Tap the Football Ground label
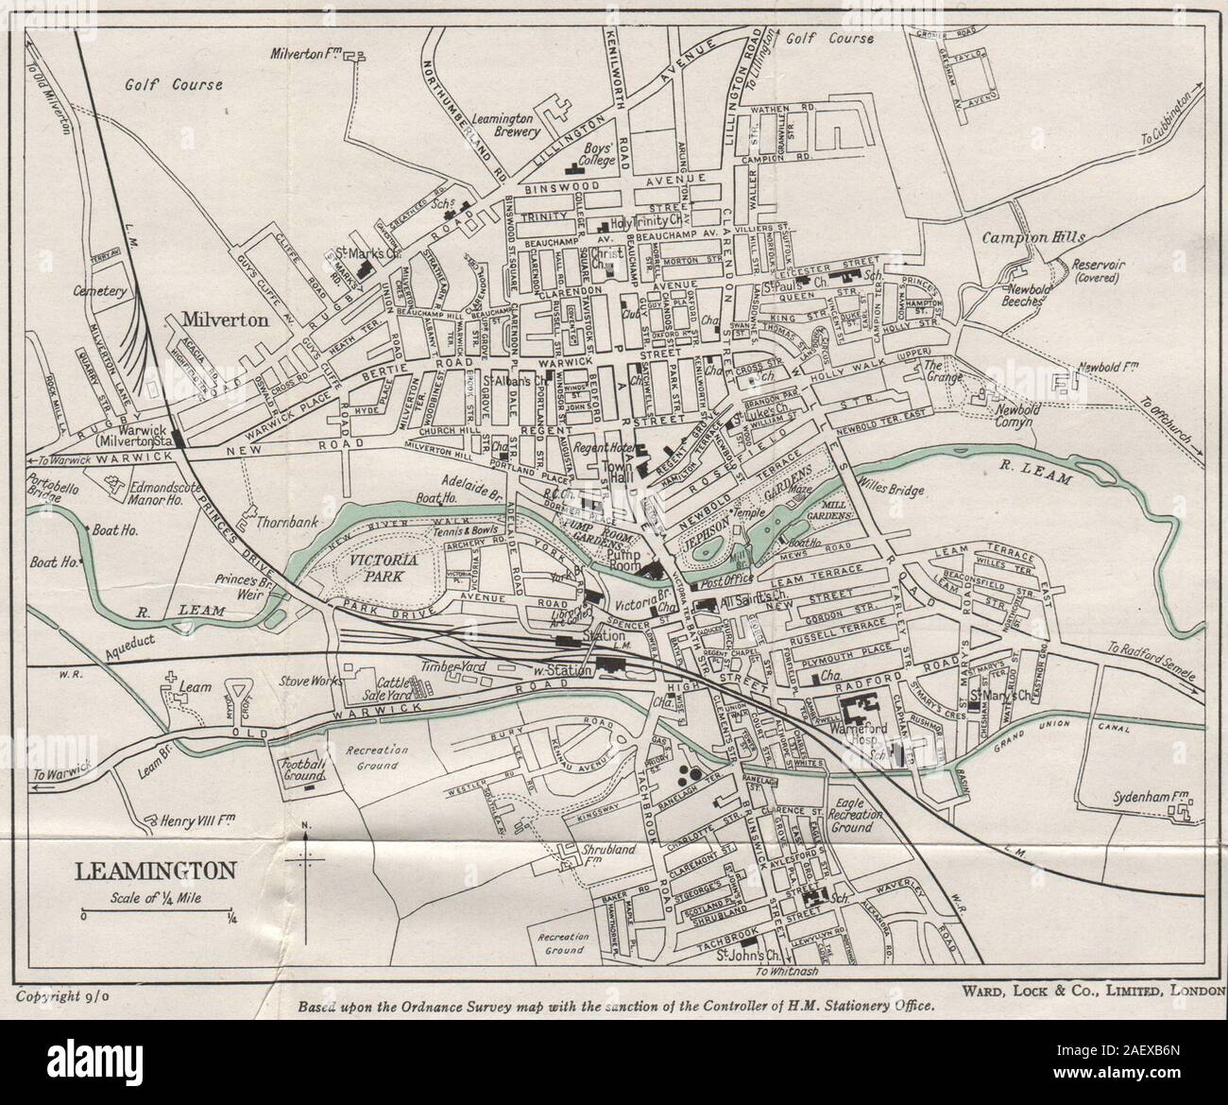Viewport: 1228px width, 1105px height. [301, 768]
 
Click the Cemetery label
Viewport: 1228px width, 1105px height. [103, 292]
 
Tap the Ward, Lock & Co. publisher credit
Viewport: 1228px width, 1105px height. [1093, 991]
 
